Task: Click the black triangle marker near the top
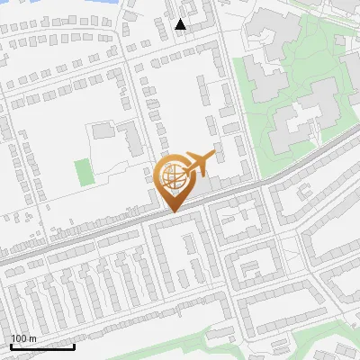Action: tap(181, 24)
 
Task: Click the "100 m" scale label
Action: tap(24, 339)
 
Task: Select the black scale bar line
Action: tap(42, 346)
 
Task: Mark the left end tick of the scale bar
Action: tap(11, 345)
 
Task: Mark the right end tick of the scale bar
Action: tap(74, 345)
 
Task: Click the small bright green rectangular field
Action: tap(83, 172)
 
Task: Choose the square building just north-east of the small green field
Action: tap(103, 131)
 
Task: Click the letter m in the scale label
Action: tap(34, 339)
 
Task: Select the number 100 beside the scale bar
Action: tap(20, 339)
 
